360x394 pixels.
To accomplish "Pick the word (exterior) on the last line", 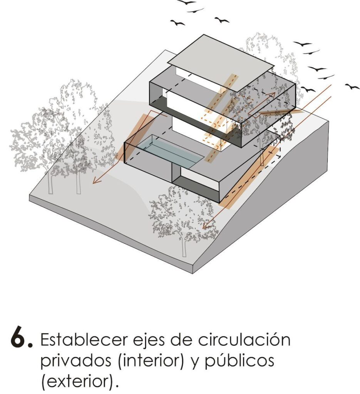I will coord(77,382).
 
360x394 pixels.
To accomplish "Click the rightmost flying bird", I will coord(352,87).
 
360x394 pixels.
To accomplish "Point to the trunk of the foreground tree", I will coord(184,246).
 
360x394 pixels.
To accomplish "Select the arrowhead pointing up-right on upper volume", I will coord(273,94).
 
